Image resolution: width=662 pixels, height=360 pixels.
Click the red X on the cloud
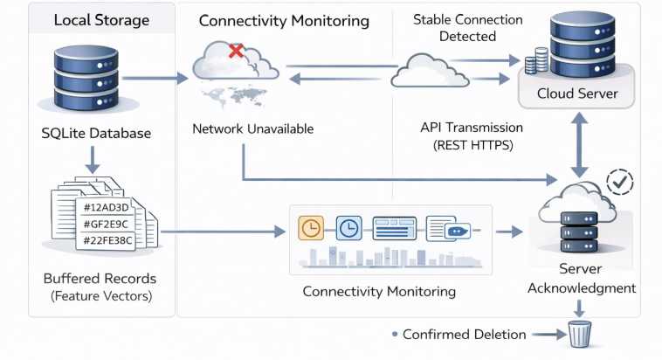[236, 52]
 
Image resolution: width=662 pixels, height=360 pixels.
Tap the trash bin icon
[579, 334]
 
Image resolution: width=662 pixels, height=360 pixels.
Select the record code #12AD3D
[105, 207]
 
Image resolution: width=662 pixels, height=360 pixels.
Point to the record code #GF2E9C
[106, 224]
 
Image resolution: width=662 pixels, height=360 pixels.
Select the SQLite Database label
[97, 134]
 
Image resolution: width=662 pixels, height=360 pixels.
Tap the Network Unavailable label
[252, 129]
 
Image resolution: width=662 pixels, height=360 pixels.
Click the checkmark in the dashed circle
[620, 182]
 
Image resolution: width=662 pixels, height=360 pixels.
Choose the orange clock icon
[310, 228]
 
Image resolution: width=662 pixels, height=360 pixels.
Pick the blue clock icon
[348, 228]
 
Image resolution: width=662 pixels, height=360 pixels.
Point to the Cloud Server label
[577, 93]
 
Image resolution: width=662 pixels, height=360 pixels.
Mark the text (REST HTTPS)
[472, 145]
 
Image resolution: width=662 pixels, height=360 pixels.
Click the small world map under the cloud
[233, 94]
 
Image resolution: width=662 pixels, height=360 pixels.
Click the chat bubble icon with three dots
[457, 232]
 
